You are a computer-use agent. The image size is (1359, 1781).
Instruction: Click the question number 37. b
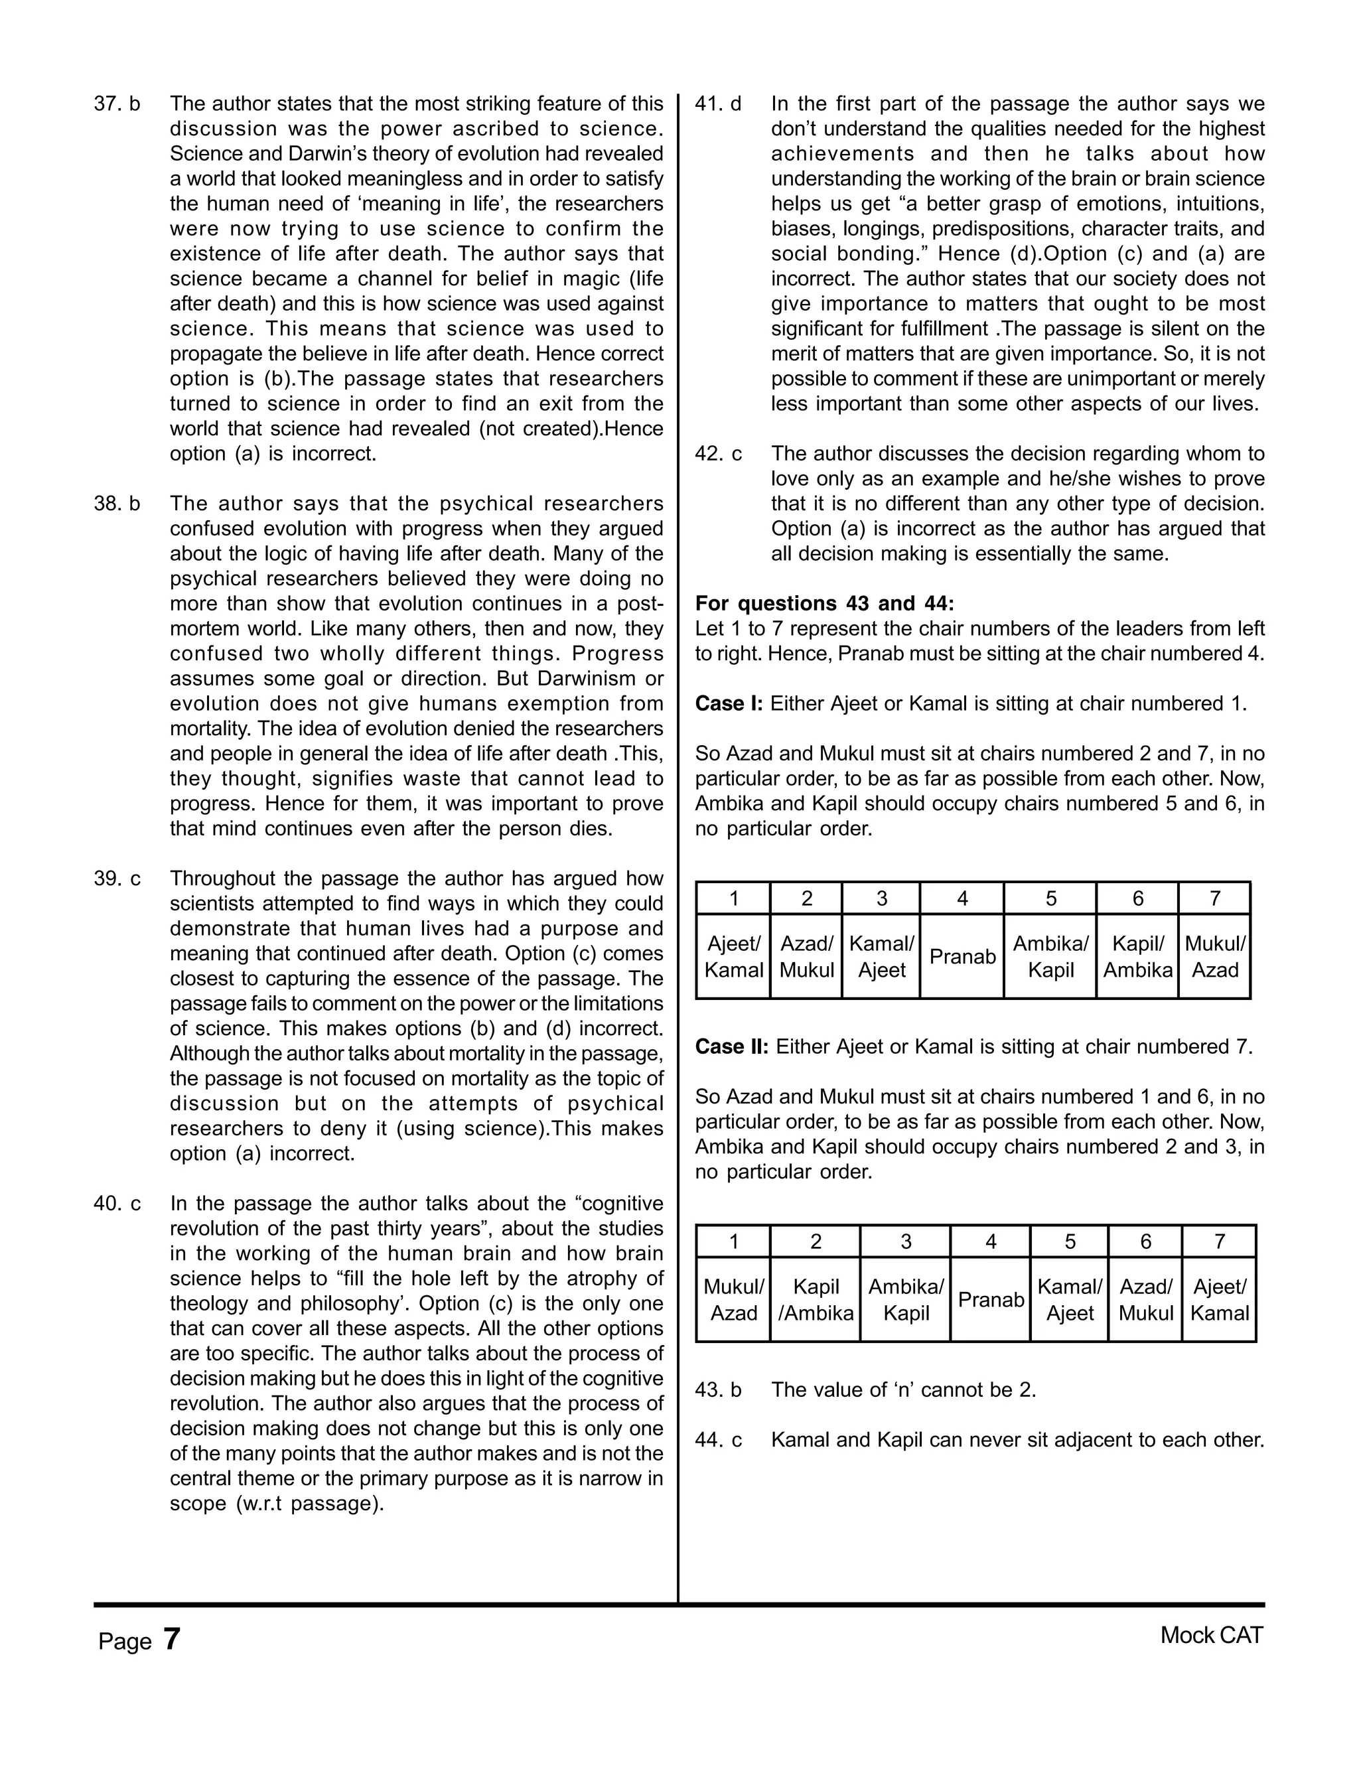coord(117,104)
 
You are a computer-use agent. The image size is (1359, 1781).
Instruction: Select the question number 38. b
coord(117,504)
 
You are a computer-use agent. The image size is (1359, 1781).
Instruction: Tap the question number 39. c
coord(117,879)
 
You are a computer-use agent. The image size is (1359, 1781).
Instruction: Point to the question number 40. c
coord(117,1204)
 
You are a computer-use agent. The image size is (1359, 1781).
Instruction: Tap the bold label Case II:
coord(731,1046)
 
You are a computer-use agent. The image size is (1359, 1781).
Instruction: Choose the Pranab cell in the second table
coord(990,1300)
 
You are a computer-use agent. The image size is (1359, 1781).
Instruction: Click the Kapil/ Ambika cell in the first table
coord(1137,957)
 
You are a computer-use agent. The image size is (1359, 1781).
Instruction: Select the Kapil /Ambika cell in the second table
coord(815,1300)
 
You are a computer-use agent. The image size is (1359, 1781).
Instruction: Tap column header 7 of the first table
coord(1214,898)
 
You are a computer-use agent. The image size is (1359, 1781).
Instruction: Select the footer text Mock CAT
coord(1211,1636)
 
